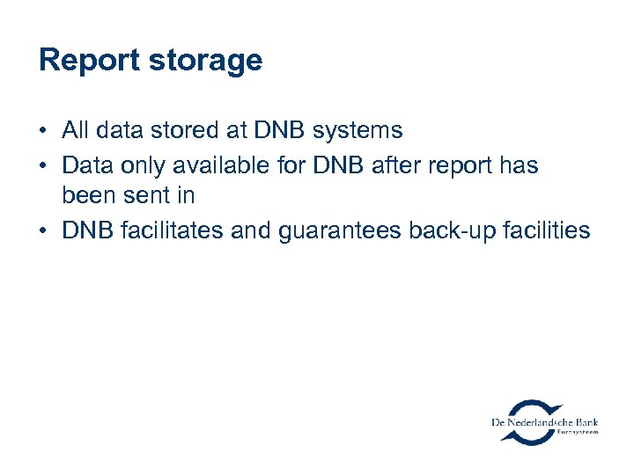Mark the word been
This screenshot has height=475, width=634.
pyautogui.click(x=85, y=197)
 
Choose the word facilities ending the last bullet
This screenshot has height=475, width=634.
pyautogui.click(x=546, y=230)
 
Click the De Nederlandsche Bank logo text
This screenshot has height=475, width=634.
pyautogui.click(x=544, y=423)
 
